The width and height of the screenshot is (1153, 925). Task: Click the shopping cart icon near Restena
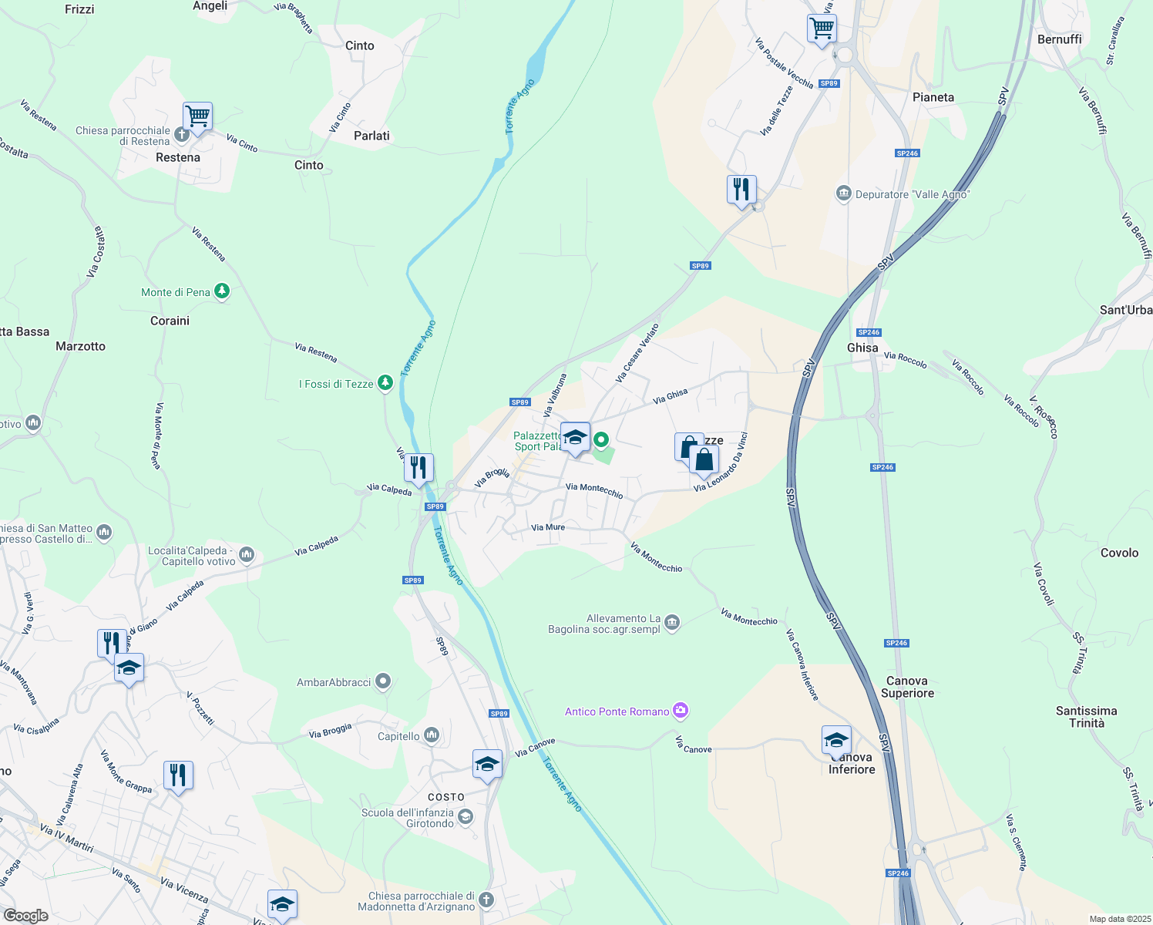198,116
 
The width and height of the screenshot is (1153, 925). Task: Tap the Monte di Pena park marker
222,291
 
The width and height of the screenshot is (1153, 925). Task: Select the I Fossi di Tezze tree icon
385,383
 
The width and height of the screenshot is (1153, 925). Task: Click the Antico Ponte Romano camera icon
680,711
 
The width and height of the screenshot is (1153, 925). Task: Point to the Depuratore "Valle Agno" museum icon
844,193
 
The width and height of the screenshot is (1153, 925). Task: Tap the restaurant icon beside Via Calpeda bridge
419,467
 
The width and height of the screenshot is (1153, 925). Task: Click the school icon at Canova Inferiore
836,741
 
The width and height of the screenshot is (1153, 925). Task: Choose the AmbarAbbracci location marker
383,681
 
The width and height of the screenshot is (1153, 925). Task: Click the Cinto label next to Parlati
309,165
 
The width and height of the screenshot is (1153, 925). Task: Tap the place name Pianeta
933,97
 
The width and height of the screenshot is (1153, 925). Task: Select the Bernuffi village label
1059,39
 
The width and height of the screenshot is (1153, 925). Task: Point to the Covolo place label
1119,553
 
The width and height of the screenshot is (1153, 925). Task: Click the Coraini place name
170,321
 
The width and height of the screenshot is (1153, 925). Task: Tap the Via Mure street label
548,527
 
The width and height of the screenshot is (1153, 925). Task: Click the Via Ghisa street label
670,396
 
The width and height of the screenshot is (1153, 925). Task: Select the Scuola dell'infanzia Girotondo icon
465,816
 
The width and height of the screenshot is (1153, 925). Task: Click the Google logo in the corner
25,915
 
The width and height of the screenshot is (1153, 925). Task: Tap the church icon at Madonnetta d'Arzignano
486,900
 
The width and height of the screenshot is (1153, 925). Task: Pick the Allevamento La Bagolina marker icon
672,622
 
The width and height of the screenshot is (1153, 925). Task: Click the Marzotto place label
80,346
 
